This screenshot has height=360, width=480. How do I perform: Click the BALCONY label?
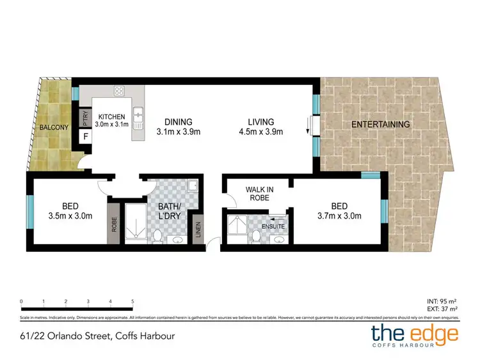[x=54, y=127]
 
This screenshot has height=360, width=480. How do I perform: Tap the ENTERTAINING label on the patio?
[x=380, y=124]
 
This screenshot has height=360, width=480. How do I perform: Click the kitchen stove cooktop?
[x=118, y=91]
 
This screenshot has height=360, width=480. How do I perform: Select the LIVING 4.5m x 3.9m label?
[x=262, y=127]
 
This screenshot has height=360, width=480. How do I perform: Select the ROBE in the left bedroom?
[x=113, y=224]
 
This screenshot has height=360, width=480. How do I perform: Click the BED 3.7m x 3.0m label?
[x=339, y=210]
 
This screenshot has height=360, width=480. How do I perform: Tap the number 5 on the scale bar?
[x=132, y=301]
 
